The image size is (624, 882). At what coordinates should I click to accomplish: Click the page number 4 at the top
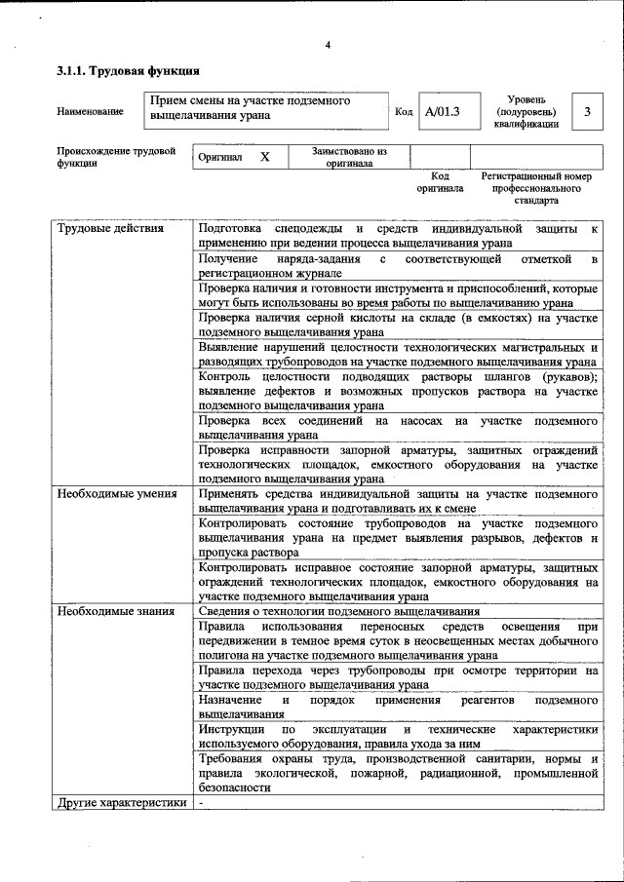click(328, 45)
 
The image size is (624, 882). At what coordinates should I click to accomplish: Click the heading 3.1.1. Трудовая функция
click(128, 70)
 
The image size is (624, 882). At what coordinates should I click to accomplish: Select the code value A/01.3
click(442, 111)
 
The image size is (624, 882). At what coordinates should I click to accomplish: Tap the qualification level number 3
click(586, 111)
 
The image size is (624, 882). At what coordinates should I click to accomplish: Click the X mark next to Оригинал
click(264, 157)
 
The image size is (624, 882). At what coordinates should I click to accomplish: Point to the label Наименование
click(90, 112)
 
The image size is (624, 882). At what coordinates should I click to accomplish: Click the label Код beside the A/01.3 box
click(404, 112)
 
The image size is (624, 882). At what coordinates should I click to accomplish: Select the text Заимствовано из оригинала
click(349, 158)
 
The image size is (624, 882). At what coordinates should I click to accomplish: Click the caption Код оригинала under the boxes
click(440, 182)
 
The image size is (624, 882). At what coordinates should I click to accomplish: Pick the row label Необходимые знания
click(114, 611)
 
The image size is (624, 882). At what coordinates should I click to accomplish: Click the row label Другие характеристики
click(120, 803)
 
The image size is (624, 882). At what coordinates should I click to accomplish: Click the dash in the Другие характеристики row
click(200, 803)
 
